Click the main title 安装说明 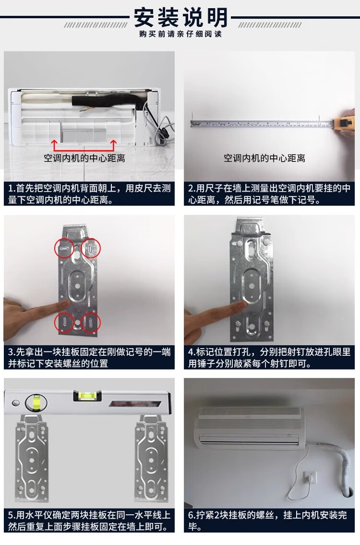(180, 17)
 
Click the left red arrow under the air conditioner (54, 145)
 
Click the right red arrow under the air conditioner (113, 145)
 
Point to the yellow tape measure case (344, 124)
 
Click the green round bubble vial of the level (36, 403)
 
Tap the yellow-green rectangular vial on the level (87, 395)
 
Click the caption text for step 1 (89, 194)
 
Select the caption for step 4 (269, 358)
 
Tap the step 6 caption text (267, 521)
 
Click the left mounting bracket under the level (32, 459)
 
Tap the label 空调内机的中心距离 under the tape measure (264, 158)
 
